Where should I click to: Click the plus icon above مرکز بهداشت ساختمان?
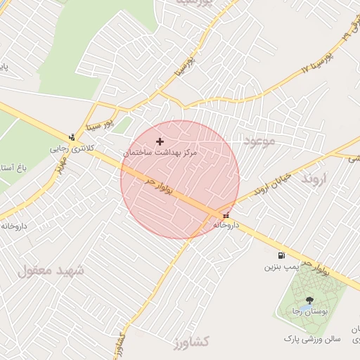click(160, 142)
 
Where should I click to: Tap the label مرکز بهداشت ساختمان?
click(161, 152)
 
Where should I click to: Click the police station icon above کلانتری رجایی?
click(72, 137)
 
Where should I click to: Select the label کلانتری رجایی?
click(70, 148)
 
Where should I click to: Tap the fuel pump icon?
click(282, 255)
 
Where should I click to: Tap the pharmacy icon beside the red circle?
click(226, 215)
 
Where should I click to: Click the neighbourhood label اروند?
click(315, 180)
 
